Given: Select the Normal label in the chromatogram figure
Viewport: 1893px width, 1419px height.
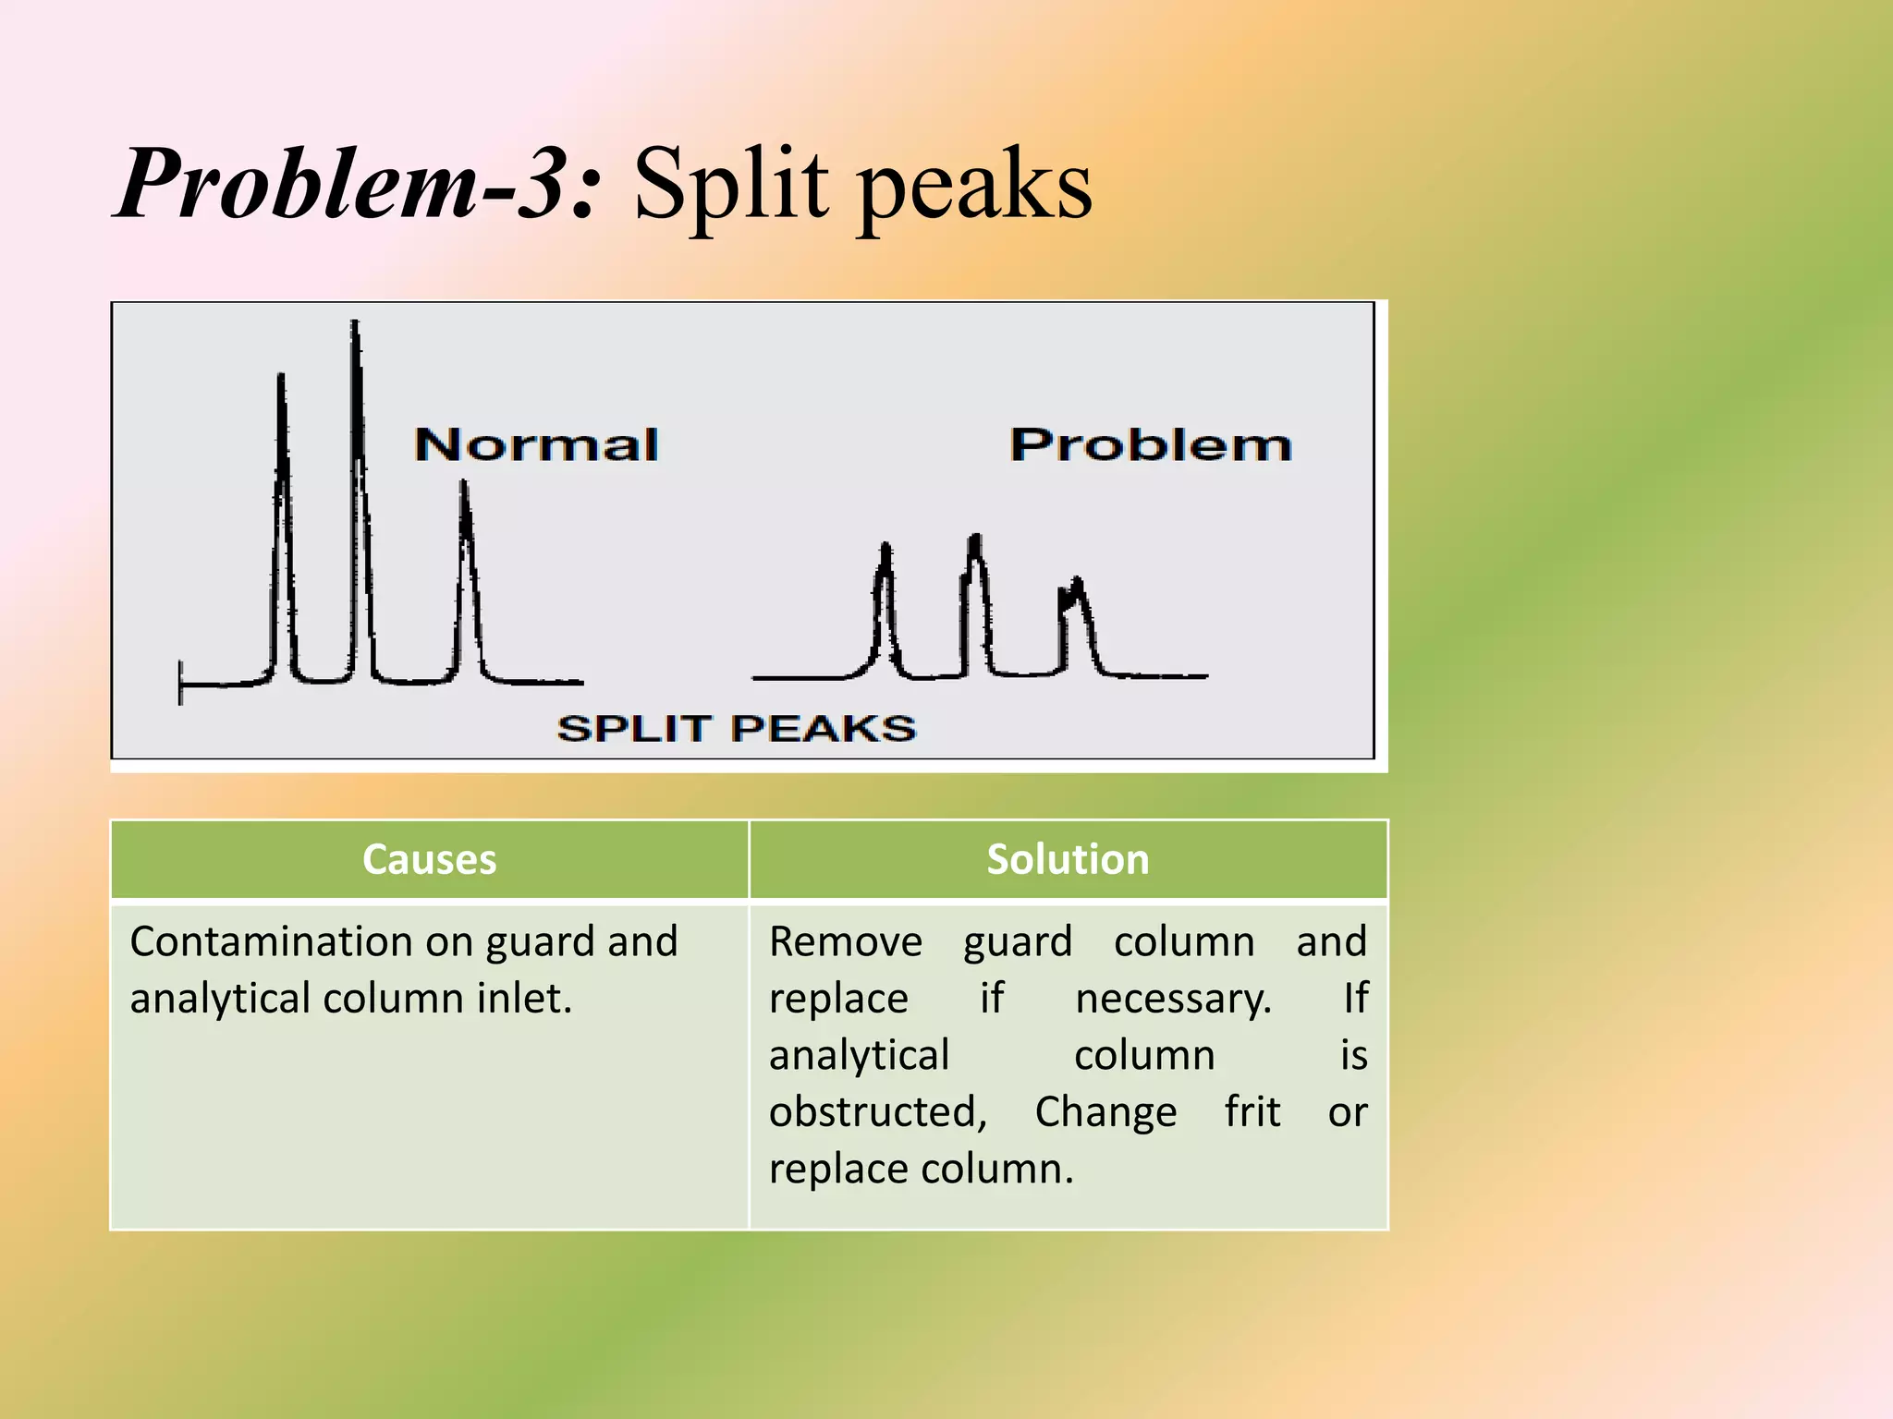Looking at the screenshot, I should (536, 445).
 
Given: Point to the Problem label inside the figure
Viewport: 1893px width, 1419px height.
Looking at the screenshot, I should (1150, 445).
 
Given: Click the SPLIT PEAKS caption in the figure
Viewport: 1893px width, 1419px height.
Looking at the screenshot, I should (736, 729).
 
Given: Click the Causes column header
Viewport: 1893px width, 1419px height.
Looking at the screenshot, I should (429, 859).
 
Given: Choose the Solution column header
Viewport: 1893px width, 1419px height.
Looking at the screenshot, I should (1068, 859).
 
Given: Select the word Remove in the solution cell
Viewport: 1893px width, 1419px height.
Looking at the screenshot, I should (845, 942).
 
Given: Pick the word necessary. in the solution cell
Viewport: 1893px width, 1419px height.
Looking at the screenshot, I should (1173, 999).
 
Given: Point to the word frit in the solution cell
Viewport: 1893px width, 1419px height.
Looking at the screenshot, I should (1252, 1112).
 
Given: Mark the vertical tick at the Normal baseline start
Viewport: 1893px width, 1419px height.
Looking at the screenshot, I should (180, 683).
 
